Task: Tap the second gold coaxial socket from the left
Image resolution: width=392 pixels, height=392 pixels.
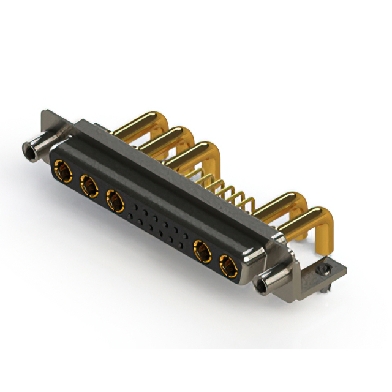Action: (x=88, y=184)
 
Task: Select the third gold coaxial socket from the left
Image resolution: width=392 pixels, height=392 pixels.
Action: (x=115, y=200)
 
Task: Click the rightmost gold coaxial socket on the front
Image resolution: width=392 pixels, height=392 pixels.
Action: (x=227, y=266)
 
